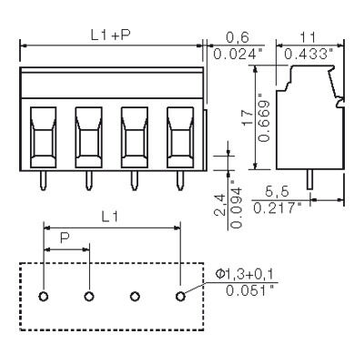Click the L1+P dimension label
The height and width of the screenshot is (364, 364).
[108, 35]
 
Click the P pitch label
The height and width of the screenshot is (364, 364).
[66, 238]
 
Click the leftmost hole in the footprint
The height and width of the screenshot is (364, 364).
[44, 296]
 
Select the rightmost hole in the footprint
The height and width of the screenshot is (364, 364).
[180, 296]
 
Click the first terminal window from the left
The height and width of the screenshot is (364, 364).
[44, 137]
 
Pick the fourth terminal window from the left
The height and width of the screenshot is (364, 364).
[180, 137]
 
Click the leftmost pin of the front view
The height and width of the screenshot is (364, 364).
[44, 182]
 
